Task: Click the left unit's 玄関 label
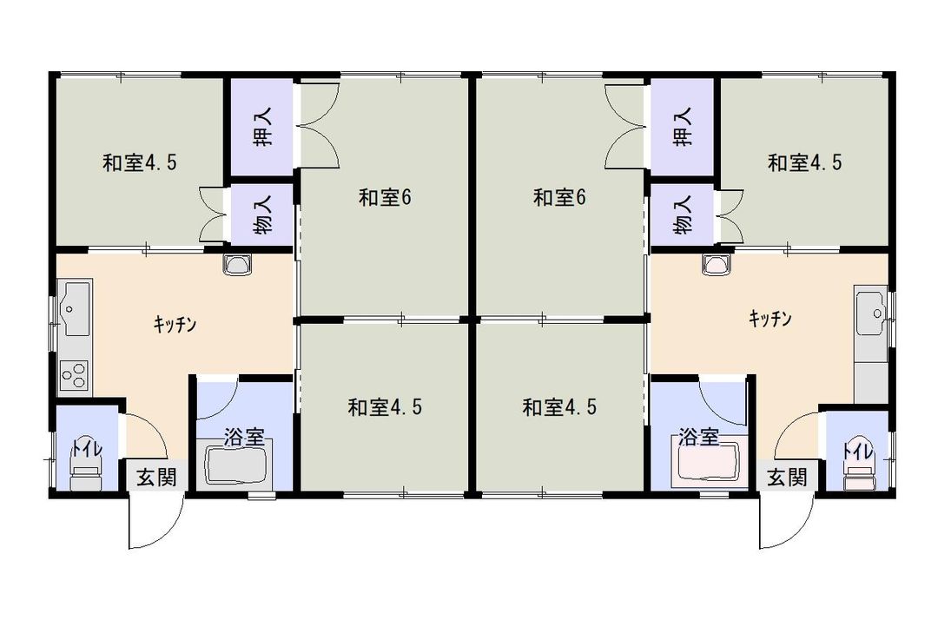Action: (x=155, y=477)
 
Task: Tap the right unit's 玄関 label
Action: (x=787, y=477)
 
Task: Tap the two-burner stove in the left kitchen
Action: (x=74, y=376)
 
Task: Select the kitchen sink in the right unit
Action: (x=870, y=307)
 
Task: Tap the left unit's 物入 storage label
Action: (x=263, y=214)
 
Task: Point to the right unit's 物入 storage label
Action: (x=684, y=214)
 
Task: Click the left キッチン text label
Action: (x=175, y=325)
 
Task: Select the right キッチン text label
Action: (x=770, y=319)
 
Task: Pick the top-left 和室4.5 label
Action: (x=141, y=162)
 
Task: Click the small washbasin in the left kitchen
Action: (x=236, y=265)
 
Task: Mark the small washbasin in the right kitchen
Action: (x=717, y=265)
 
